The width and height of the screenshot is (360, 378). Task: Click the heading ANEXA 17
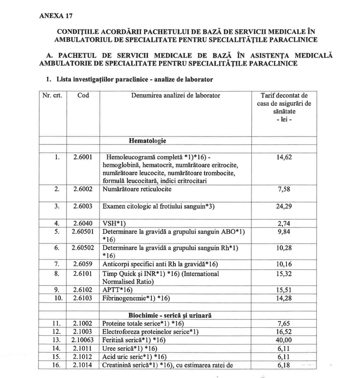tap(56, 15)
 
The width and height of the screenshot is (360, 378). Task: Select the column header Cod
tap(83, 95)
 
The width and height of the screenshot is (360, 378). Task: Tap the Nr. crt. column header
tap(52, 95)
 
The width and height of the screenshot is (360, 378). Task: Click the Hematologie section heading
tap(147, 140)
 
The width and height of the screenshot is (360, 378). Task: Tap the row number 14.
tap(56, 348)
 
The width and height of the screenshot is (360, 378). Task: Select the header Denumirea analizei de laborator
tap(175, 95)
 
